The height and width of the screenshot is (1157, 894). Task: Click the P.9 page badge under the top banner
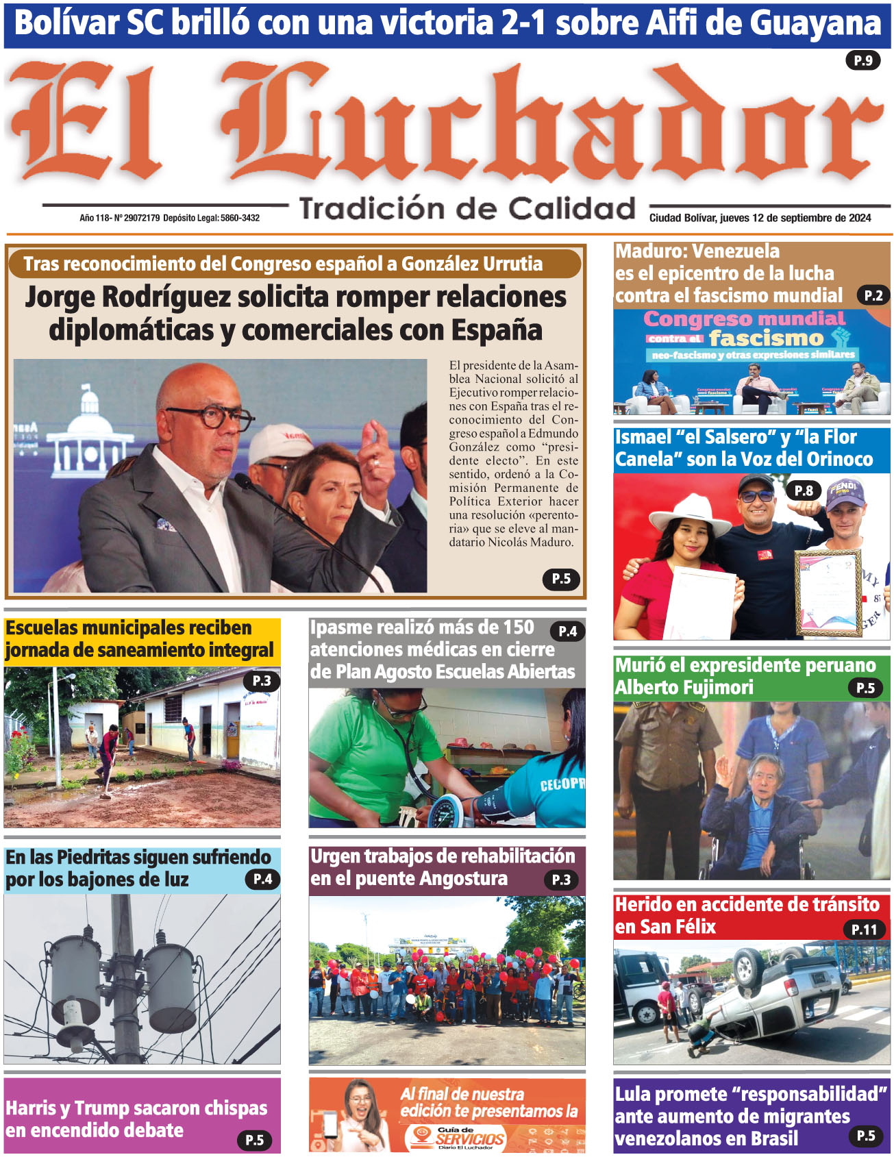862,60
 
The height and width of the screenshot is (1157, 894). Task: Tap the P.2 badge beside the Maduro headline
873,295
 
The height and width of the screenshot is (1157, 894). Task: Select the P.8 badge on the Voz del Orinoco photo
803,490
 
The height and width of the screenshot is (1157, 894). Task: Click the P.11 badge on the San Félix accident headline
864,929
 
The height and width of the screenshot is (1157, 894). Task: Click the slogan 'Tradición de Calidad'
467,208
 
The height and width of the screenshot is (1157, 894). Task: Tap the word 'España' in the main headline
497,330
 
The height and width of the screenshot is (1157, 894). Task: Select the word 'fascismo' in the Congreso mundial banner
766,338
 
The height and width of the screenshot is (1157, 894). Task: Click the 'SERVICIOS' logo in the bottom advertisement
470,1139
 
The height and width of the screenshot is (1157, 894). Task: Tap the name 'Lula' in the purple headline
633,1094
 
